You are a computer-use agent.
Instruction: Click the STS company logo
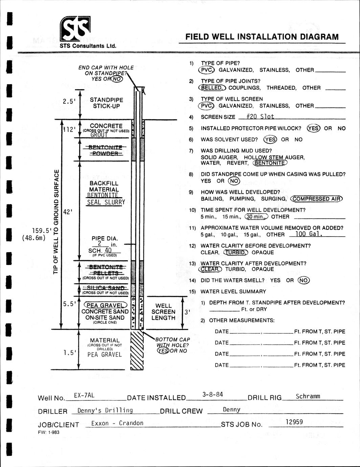pos(75,29)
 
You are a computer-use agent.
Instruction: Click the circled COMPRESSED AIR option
pos(317,199)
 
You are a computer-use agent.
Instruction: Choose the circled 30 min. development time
pos(256,217)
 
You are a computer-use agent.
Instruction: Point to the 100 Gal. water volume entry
pos(309,234)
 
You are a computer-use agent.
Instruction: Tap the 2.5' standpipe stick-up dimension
pos(69,101)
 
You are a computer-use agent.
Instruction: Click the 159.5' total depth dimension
pos(42,231)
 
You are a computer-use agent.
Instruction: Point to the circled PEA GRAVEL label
pos(105,305)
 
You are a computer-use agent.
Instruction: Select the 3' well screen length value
pos(186,312)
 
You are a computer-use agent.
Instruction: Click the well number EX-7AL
pos(84,395)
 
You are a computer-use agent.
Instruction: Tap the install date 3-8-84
pos(212,394)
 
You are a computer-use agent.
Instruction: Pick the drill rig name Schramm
pos(308,396)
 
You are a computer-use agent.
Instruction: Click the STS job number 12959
pos(294,422)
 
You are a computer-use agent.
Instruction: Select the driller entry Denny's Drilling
pos(105,410)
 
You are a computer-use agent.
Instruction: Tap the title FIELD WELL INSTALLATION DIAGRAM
pos(262,37)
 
